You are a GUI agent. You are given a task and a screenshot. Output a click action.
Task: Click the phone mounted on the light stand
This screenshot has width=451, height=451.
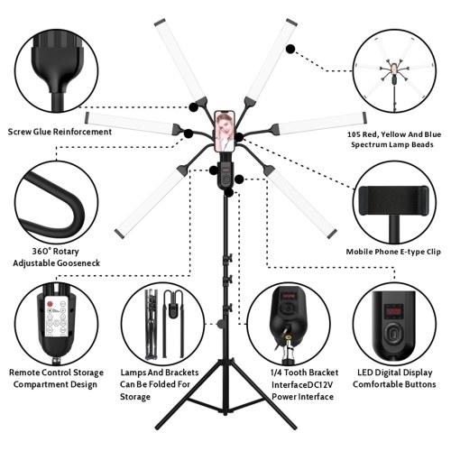225,132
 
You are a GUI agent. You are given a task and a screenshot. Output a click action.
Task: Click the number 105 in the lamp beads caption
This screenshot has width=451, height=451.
354,134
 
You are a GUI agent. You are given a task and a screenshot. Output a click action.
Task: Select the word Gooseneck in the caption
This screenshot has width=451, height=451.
78,263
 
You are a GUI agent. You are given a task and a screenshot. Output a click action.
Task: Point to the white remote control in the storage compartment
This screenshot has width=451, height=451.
56,316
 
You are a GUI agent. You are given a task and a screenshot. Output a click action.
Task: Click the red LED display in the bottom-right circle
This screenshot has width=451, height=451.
394,310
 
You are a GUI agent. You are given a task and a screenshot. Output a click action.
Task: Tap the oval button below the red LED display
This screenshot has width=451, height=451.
394,333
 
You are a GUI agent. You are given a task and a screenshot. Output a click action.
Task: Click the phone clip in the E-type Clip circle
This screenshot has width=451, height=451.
394,200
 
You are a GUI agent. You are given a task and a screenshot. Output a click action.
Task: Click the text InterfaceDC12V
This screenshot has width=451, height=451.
302,385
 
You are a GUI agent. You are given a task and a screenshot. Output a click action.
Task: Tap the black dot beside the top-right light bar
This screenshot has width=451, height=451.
290,49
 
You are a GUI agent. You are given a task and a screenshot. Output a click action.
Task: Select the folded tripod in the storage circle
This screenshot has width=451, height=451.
152,324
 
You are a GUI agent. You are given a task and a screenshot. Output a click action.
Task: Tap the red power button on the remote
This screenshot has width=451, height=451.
51,304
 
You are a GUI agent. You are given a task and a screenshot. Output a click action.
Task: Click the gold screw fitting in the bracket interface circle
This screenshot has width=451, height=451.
289,337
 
